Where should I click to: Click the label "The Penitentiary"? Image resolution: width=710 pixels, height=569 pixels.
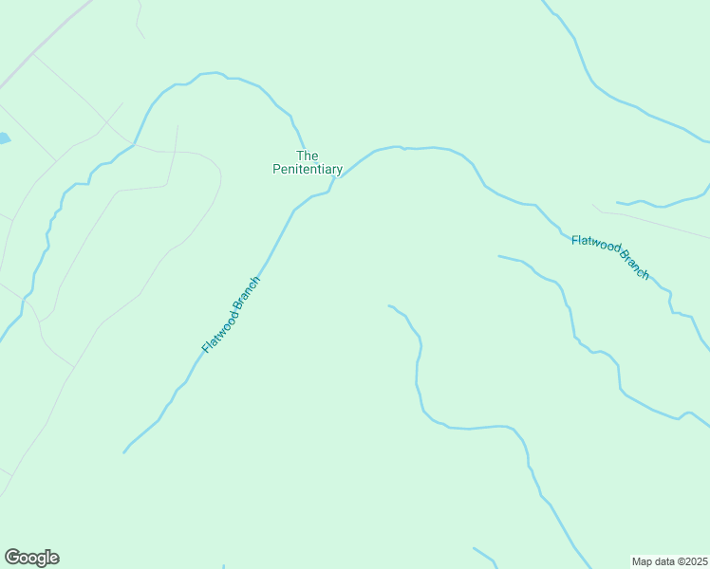click(x=307, y=162)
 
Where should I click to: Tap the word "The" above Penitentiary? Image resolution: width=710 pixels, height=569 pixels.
click(x=307, y=156)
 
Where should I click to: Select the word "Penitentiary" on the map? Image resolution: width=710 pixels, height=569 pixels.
click(x=307, y=170)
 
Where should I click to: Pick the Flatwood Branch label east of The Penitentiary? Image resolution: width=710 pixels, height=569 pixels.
click(x=610, y=257)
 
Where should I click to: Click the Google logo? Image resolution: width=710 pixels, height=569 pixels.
click(x=31, y=558)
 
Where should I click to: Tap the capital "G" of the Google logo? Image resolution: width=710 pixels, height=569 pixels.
click(x=12, y=557)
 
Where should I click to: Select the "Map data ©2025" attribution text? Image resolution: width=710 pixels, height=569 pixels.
click(x=670, y=560)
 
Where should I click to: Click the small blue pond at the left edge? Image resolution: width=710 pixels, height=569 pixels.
click(x=4, y=138)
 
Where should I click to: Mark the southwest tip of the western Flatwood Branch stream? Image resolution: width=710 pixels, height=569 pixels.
click(x=124, y=452)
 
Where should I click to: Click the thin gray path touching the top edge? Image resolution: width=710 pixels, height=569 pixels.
click(x=139, y=19)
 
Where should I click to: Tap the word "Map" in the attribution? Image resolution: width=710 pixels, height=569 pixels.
click(x=643, y=560)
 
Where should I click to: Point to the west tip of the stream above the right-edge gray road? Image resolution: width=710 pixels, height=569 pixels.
click(x=618, y=202)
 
